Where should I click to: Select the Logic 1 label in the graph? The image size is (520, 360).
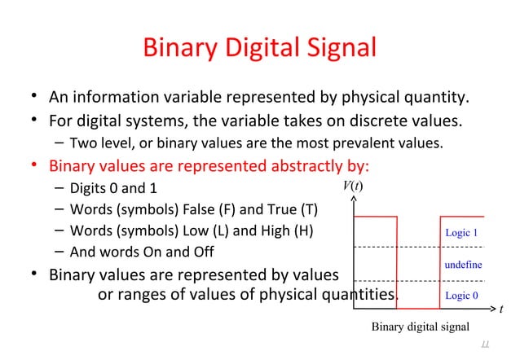(461, 233)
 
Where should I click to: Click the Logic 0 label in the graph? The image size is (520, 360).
(461, 296)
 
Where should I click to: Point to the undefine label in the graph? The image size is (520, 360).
(463, 265)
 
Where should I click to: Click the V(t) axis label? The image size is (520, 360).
(351, 187)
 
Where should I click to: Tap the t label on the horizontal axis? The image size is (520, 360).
(501, 310)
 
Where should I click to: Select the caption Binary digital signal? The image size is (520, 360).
(421, 327)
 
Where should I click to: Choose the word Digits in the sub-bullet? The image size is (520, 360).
(89, 187)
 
